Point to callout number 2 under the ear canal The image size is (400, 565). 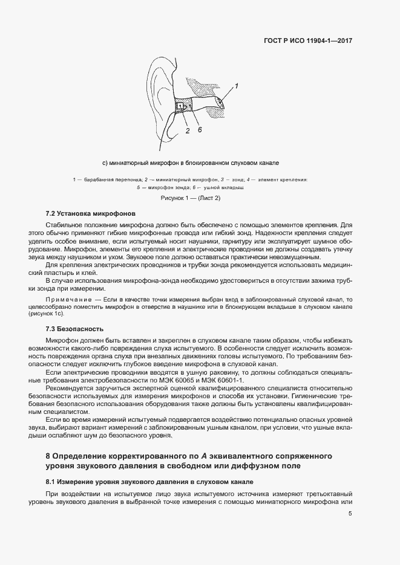click(x=188, y=130)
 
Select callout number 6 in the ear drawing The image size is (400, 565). click(x=199, y=129)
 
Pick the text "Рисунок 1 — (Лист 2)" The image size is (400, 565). click(x=190, y=198)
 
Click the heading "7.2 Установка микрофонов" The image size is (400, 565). click(x=87, y=214)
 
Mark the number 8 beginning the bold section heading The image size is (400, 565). click(x=48, y=455)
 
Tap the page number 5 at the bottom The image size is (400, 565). click(x=350, y=514)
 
